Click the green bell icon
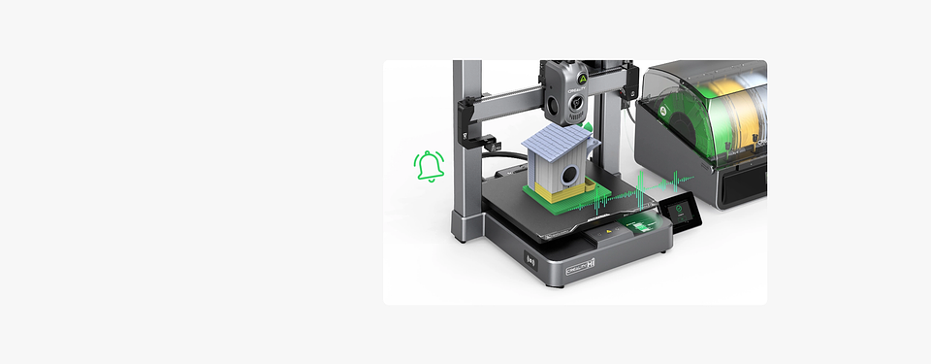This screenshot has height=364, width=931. pos(429,166)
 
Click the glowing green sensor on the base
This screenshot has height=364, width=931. pos(640,226)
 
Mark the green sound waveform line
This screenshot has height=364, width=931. pos(621,199)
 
